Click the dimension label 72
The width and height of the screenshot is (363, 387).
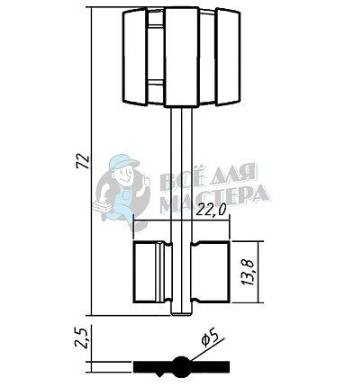[x=83, y=161]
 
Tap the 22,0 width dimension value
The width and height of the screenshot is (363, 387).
[x=210, y=211]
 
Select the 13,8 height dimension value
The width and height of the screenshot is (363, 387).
[x=248, y=272]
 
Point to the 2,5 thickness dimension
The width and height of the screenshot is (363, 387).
[x=81, y=338]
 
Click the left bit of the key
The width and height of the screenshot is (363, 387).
[x=152, y=272]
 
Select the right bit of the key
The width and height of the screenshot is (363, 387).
[x=211, y=272]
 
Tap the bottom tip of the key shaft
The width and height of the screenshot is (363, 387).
[x=181, y=315]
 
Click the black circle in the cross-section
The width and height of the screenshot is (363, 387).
[x=181, y=366]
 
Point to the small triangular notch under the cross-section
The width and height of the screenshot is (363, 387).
[x=159, y=374]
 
